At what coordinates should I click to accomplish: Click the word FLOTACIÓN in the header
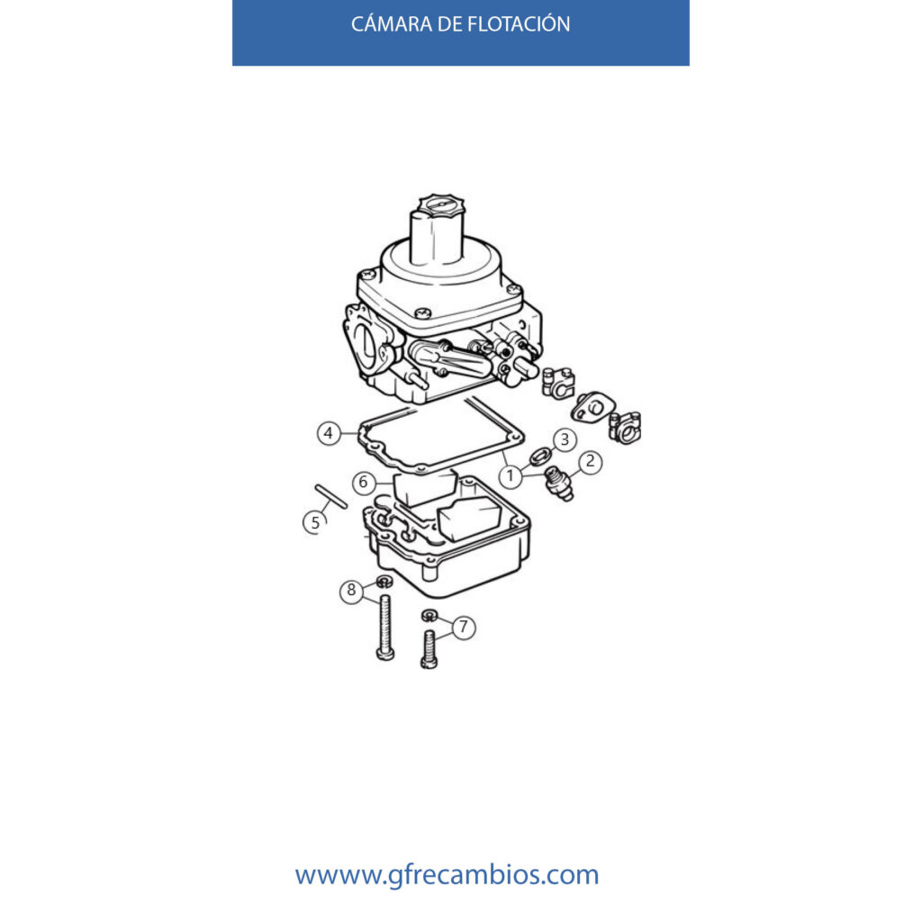click(519, 23)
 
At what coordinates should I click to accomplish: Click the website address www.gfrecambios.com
click(447, 875)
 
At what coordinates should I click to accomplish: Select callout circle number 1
click(510, 475)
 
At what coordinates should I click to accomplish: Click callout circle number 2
click(590, 462)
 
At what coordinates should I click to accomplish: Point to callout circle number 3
click(565, 439)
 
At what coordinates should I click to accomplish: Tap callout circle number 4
click(329, 433)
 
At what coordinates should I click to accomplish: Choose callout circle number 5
click(314, 522)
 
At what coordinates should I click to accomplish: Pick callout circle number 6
click(364, 483)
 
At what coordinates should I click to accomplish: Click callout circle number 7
click(464, 628)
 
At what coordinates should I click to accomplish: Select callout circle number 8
click(351, 590)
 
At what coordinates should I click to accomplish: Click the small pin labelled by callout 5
click(331, 496)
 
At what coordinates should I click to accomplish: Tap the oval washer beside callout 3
click(540, 456)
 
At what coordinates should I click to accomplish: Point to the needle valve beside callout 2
click(559, 484)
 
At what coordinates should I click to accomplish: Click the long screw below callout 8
click(384, 627)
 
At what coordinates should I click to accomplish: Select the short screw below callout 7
click(429, 649)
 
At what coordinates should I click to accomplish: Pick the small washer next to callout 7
click(429, 616)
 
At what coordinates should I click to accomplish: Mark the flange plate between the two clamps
click(592, 407)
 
